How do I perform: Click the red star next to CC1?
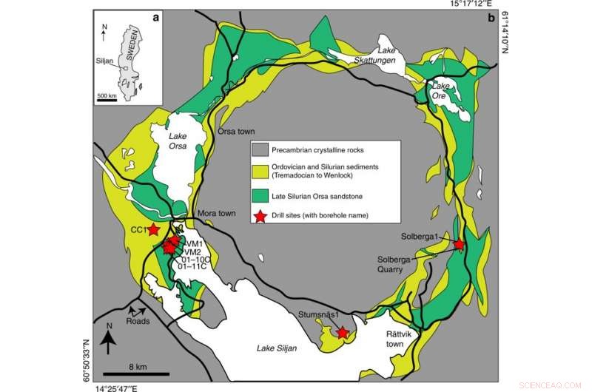click(153, 229)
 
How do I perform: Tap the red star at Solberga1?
click(459, 244)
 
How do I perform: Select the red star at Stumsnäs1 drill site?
click(343, 333)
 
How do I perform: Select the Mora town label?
click(216, 214)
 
